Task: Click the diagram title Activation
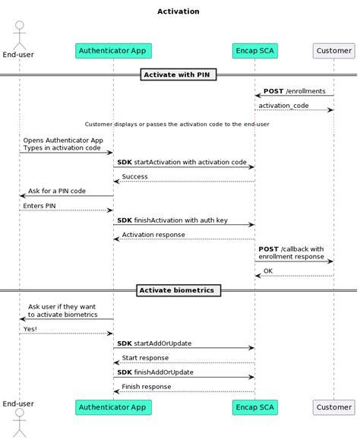pos(178,11)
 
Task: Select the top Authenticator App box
pos(113,51)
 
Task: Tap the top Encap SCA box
pos(254,51)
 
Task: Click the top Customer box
pos(333,51)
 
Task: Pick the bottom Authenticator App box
pos(113,407)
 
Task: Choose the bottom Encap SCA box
pos(254,407)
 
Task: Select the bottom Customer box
pos(333,407)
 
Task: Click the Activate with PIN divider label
pos(178,74)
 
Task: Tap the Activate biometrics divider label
pos(178,290)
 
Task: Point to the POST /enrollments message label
pos(295,91)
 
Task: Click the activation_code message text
pos(283,106)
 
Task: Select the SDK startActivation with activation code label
pos(182,162)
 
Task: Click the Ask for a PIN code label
pos(57,191)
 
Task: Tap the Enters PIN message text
pos(39,205)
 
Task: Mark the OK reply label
pos(268,271)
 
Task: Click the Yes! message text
pos(30,329)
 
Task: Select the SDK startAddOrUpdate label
pos(154,343)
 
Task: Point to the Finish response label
pos(147,387)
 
